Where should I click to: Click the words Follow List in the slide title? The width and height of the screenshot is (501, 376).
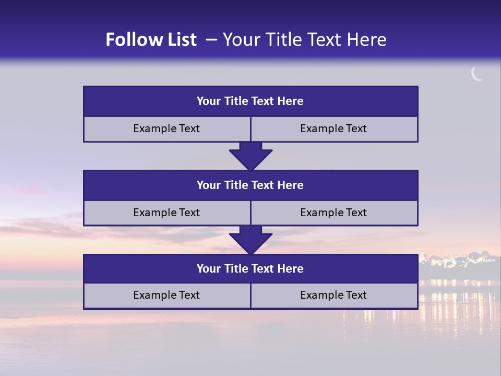(151, 40)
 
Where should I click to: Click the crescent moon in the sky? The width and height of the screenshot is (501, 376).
(476, 74)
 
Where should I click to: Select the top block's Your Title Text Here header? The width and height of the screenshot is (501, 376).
(250, 101)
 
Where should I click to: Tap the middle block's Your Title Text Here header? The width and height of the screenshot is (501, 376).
(250, 185)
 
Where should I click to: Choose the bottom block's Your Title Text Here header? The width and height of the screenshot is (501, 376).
(250, 269)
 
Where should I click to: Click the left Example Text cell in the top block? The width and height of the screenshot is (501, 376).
(166, 128)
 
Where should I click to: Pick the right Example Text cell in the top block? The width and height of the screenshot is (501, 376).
(333, 128)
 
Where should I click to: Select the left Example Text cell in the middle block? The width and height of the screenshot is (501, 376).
(166, 213)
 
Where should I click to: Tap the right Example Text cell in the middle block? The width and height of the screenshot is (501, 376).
(333, 213)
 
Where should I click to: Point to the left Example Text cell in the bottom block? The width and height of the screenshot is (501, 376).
(166, 295)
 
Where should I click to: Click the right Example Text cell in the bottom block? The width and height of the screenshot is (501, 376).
(333, 295)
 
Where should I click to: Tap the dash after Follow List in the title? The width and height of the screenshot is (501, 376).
(211, 40)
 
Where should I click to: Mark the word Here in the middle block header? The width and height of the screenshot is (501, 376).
(291, 185)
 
